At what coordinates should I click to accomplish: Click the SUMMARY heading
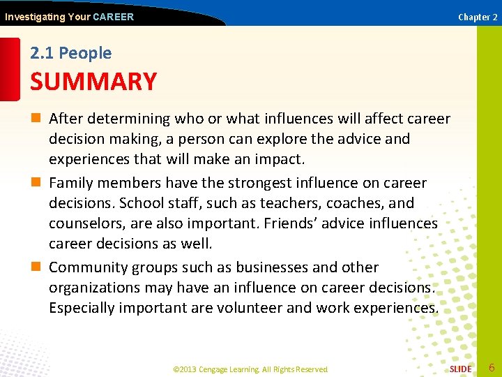point(93,82)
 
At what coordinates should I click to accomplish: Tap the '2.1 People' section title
point(70,53)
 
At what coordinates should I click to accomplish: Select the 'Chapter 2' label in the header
point(478,17)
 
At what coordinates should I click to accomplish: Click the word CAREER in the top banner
point(113,17)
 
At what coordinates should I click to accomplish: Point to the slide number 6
point(492,367)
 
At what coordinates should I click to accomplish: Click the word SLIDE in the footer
point(460,369)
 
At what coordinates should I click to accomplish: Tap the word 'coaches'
point(345,203)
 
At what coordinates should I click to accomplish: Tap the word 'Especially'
point(82,308)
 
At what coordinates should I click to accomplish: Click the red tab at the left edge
point(9,70)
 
